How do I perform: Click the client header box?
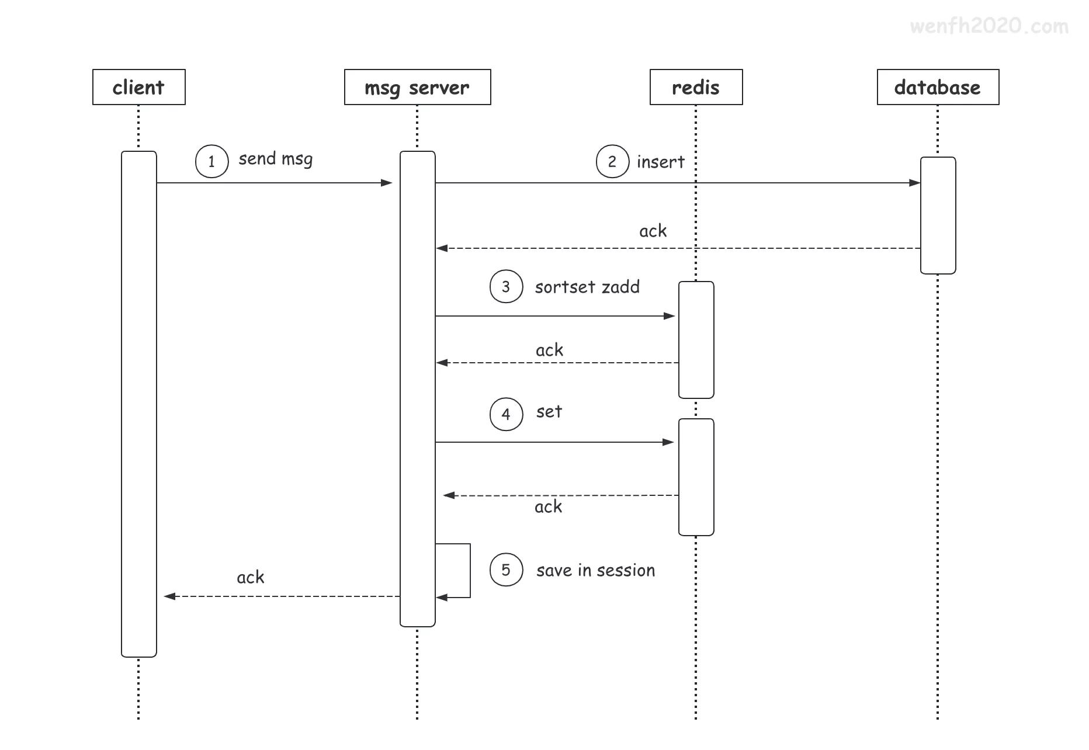[139, 87]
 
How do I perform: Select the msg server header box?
[417, 87]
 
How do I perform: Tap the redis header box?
[696, 87]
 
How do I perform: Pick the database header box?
[938, 87]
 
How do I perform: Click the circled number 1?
[211, 161]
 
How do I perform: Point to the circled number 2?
[612, 161]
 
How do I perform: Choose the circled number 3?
[506, 286]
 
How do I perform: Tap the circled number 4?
[506, 414]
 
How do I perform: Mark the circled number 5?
[506, 570]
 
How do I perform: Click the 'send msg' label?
[275, 159]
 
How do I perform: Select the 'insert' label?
[660, 162]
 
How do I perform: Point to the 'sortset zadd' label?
[587, 287]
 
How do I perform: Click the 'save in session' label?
[595, 570]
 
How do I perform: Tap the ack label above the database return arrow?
[653, 231]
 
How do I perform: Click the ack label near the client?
[250, 577]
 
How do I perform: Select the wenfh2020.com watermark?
[989, 26]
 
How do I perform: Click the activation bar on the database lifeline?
[938, 215]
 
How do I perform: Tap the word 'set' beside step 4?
[549, 412]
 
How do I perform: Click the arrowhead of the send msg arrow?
[387, 183]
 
